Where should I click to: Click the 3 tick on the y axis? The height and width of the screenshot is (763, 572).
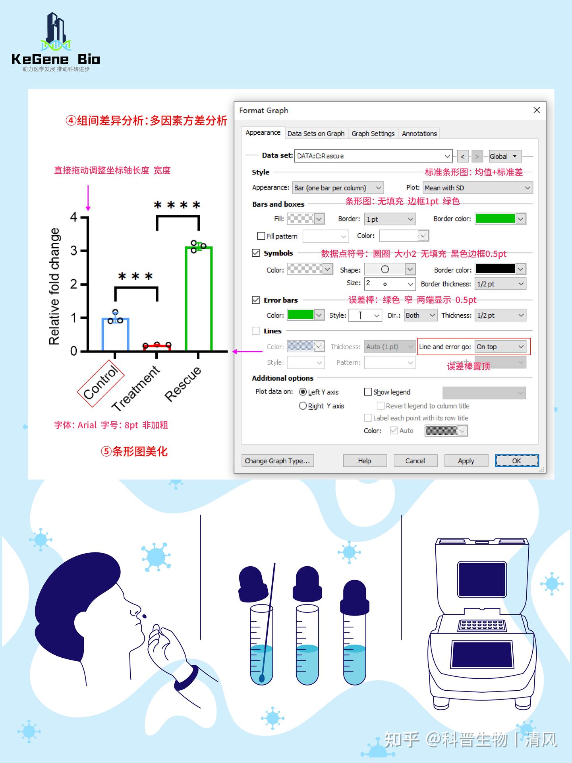(x=74, y=251)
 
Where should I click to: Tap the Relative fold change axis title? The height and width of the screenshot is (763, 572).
(x=54, y=286)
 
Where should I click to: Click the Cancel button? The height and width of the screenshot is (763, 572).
(x=415, y=461)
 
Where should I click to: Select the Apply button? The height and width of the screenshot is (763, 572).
(x=466, y=461)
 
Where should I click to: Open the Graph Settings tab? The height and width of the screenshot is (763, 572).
(x=373, y=134)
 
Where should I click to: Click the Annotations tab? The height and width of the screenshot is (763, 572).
(x=419, y=134)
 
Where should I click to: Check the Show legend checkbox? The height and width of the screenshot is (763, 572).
(x=368, y=392)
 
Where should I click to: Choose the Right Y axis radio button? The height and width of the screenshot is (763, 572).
(x=303, y=406)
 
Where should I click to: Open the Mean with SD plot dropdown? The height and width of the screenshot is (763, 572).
(x=478, y=188)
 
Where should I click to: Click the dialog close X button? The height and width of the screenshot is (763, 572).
(x=537, y=110)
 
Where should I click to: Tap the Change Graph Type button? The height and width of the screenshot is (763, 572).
(x=277, y=461)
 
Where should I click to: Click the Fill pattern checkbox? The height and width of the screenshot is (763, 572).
(x=261, y=236)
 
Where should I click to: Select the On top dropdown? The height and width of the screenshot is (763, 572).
(x=500, y=347)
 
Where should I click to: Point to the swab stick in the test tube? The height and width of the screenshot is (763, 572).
(x=268, y=620)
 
